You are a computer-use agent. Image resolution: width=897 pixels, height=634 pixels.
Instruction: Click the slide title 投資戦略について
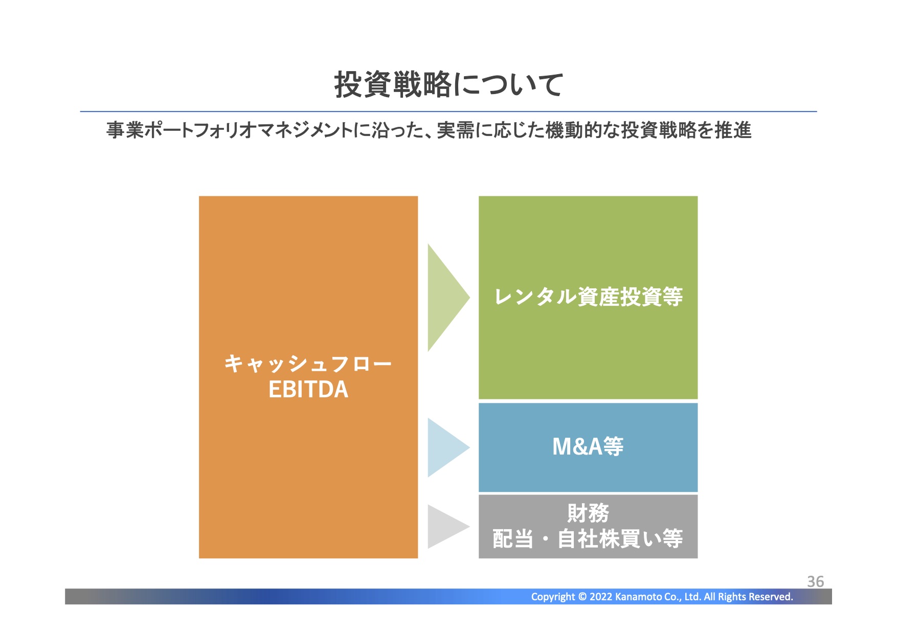point(448,84)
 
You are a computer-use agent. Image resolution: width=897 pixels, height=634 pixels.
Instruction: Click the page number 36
point(815,581)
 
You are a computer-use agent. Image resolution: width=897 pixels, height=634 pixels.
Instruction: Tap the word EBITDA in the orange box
point(308,390)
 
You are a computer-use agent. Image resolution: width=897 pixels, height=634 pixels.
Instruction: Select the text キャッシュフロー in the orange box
point(308,364)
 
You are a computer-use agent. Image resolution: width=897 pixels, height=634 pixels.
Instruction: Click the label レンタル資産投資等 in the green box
point(588,297)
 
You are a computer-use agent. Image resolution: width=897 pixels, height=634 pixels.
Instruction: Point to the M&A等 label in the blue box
point(588,446)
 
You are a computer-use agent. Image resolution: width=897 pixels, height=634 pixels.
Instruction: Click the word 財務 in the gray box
point(588,513)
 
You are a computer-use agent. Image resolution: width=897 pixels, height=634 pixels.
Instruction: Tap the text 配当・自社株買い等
point(588,539)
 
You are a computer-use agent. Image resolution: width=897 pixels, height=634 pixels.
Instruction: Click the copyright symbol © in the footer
point(582,597)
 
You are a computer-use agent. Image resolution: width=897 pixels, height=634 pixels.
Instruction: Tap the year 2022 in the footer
point(600,597)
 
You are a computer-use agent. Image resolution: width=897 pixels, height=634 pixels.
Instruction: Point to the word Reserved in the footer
point(771,597)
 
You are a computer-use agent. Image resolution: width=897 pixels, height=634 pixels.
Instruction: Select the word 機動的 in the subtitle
point(574,130)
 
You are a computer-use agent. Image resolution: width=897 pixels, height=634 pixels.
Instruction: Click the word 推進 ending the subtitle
point(733,130)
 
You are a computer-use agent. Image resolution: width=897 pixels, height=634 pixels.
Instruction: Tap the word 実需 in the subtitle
point(455,130)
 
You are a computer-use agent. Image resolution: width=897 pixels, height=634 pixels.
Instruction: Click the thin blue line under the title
point(448,111)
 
